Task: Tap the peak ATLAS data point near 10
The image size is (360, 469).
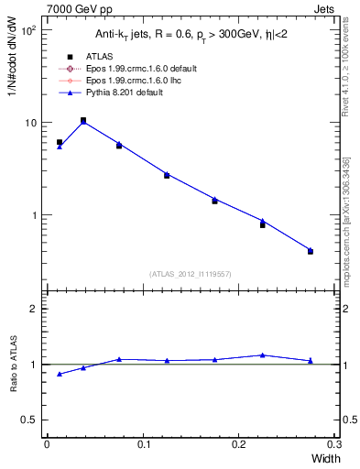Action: pos(83,120)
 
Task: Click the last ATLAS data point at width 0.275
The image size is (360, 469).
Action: pos(311,251)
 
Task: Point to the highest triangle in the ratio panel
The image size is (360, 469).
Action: pos(263,354)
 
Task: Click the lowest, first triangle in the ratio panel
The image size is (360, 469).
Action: pos(60,374)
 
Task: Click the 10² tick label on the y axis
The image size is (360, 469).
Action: pos(27,30)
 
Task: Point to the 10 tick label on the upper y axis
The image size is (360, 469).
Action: pos(29,123)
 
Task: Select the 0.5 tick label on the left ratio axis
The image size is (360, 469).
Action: pos(30,420)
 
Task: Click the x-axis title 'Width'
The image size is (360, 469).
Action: pos(323,457)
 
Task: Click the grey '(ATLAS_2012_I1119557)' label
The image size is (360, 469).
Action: pos(190,274)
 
